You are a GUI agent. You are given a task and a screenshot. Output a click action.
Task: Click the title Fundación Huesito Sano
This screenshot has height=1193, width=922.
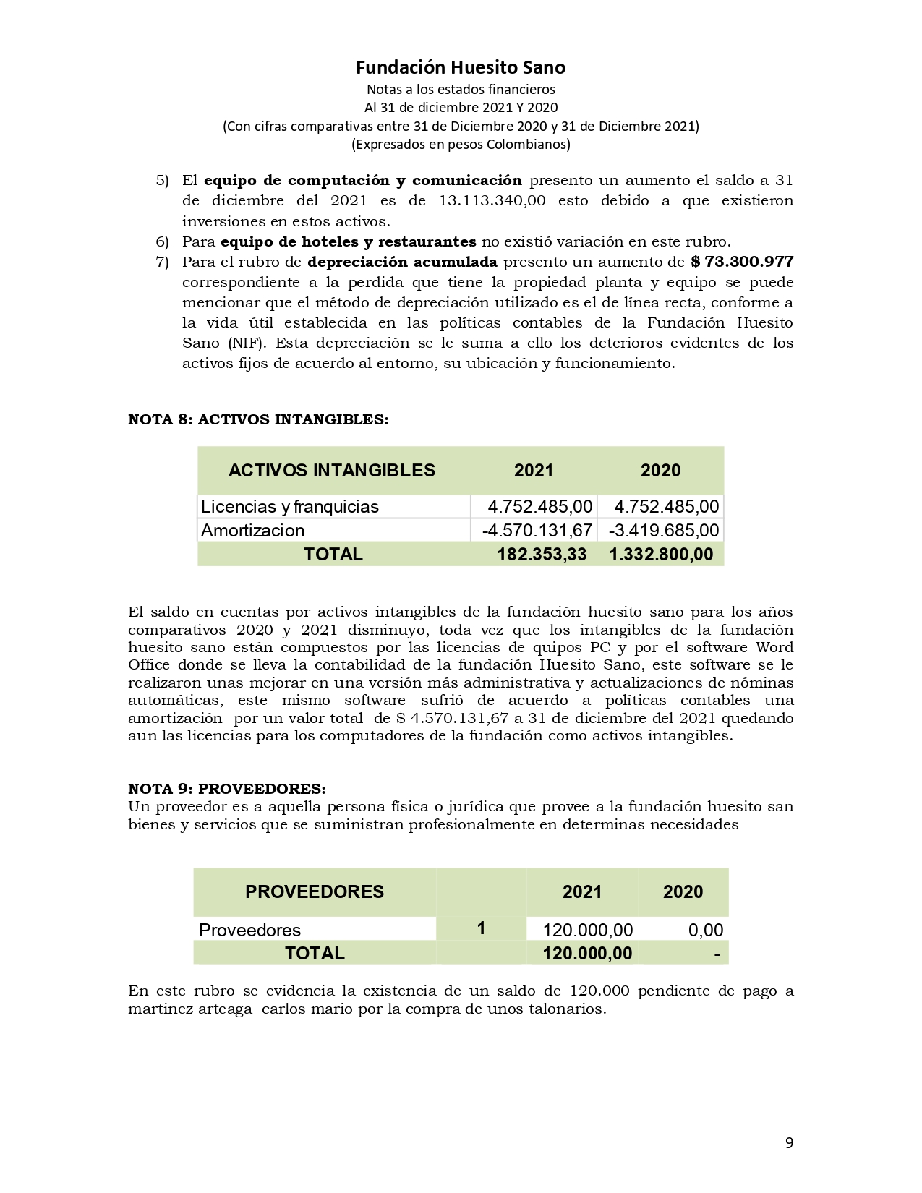(x=461, y=68)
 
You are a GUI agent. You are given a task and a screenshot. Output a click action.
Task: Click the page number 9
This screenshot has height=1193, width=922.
(x=789, y=1143)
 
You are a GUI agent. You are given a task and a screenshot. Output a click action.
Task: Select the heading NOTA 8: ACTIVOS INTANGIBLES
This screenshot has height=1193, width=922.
(x=258, y=420)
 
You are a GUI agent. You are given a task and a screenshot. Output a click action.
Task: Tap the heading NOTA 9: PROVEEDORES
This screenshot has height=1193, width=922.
(x=226, y=788)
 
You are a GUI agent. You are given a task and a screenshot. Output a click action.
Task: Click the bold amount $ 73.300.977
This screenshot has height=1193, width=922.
(x=742, y=262)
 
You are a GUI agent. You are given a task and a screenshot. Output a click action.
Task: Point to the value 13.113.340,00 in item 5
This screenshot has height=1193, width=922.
(x=492, y=200)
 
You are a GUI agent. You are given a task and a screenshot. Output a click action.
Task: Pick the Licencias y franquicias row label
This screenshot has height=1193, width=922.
(x=290, y=506)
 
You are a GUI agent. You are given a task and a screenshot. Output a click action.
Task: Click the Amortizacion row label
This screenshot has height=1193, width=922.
(x=253, y=530)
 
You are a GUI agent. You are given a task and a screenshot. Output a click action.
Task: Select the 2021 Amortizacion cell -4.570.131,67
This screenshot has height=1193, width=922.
(x=537, y=530)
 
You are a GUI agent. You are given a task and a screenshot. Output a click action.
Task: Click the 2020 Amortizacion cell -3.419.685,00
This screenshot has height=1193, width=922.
(x=664, y=530)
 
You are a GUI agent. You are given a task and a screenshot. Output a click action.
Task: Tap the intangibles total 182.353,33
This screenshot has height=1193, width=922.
(x=542, y=555)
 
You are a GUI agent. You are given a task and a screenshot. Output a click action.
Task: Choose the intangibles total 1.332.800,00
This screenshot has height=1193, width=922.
(x=661, y=555)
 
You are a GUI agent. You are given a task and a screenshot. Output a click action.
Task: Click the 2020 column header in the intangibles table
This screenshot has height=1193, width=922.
(x=660, y=471)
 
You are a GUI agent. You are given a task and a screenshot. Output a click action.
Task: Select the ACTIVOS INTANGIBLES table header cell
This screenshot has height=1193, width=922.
(x=332, y=471)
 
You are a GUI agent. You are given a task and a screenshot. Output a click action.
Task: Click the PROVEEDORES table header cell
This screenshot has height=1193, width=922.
(x=315, y=891)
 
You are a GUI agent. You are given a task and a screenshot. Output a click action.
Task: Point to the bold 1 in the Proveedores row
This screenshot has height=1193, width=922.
(x=481, y=928)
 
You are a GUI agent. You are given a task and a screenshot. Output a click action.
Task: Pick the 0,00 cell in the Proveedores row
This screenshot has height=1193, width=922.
(x=705, y=930)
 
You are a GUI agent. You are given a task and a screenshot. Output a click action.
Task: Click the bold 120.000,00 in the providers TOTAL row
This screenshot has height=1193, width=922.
(x=587, y=953)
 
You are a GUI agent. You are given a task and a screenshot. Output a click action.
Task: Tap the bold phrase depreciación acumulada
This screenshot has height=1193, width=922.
(x=402, y=262)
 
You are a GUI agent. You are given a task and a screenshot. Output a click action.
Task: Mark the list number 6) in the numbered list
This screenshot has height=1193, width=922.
(x=162, y=241)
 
